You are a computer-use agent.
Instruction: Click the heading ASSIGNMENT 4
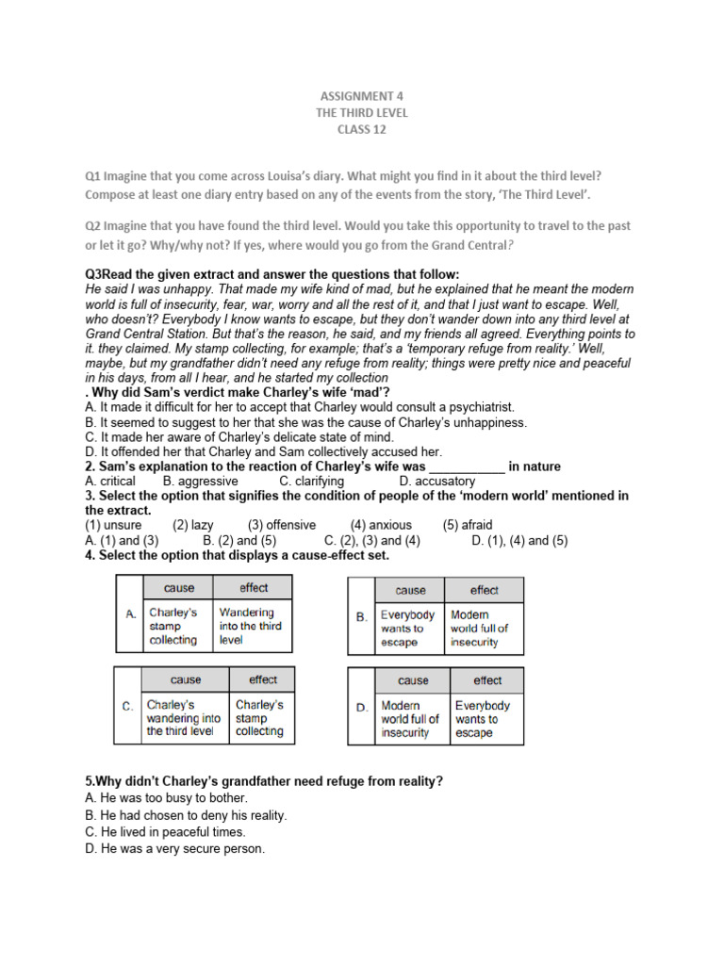361,95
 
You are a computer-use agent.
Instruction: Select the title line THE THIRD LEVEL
361,112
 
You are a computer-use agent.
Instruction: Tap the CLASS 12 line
361,130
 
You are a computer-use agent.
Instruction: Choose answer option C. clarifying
312,481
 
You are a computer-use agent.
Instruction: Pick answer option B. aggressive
201,481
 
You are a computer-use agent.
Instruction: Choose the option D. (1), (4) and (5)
519,540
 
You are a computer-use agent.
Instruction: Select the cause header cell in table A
178,588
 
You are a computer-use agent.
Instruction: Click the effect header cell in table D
487,680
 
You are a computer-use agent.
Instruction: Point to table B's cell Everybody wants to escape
408,629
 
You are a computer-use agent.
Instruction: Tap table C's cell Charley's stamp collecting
259,718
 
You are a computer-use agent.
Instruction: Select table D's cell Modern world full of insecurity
410,719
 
